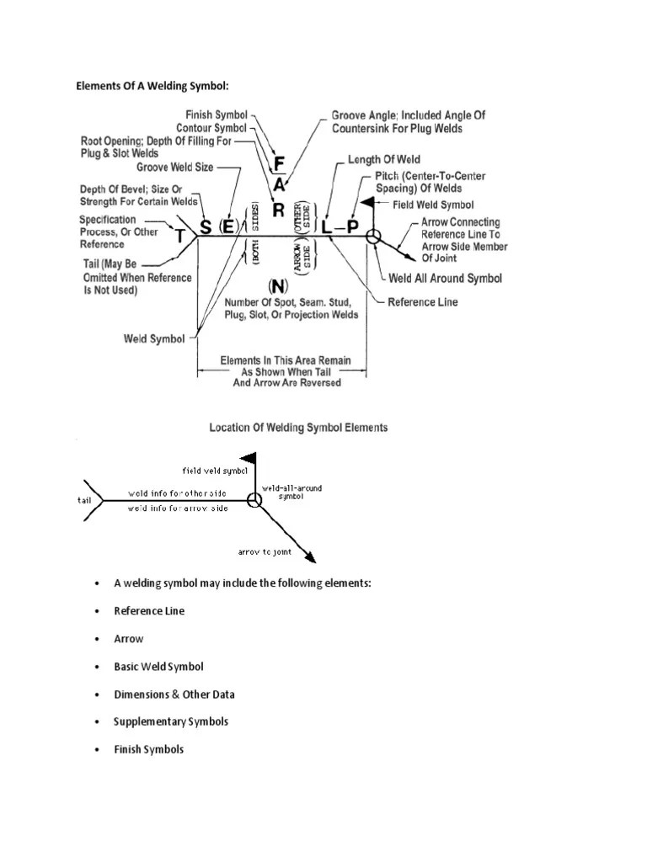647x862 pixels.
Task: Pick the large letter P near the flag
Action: [x=352, y=226]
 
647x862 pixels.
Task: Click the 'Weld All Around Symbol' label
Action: [x=444, y=279]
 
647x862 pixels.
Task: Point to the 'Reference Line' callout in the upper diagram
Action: [x=422, y=301]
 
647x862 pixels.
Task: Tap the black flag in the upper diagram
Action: [x=367, y=202]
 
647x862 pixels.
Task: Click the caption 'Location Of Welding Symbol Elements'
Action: [x=298, y=428]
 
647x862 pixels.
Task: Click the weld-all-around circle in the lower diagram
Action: [x=254, y=501]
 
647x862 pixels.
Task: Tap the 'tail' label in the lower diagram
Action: [x=83, y=500]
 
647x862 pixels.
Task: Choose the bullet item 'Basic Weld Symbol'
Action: [x=158, y=667]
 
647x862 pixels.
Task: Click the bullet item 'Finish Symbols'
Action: [x=148, y=749]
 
